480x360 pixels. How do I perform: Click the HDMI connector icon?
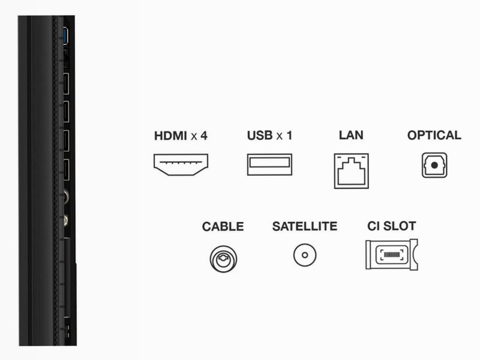click(181, 164)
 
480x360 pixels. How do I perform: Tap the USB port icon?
click(269, 164)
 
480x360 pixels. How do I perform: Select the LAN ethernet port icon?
click(351, 171)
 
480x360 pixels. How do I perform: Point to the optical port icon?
click(434, 166)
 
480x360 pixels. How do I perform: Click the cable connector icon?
click(223, 259)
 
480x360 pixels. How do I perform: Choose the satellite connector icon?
click(305, 254)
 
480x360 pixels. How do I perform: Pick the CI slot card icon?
click(392, 254)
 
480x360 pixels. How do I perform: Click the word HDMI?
click(170, 136)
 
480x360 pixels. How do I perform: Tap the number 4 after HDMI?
click(204, 136)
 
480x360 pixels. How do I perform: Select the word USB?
click(260, 136)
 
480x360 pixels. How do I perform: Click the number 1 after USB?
click(289, 136)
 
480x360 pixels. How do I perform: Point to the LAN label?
click(351, 135)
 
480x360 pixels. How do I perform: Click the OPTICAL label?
click(434, 135)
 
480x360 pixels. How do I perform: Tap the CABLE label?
click(223, 227)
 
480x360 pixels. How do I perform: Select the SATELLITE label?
click(305, 226)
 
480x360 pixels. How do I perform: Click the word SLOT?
click(400, 226)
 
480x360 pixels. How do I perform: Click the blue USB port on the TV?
click(65, 35)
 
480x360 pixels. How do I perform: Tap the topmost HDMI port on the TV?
click(65, 83)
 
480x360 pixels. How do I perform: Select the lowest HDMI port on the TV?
click(65, 170)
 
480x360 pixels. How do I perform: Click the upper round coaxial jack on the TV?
click(65, 196)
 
